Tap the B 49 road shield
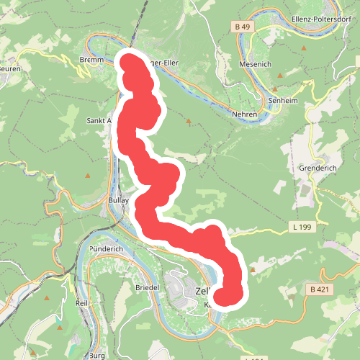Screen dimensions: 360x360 [x=242, y=27]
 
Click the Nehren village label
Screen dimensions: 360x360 [x=245, y=114]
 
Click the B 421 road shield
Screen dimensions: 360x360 [x=319, y=289]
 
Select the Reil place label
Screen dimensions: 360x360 [x=81, y=304]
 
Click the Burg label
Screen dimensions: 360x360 [x=97, y=356]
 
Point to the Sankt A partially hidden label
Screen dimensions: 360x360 [x=99, y=121]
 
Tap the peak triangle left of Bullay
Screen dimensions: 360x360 [x=88, y=175]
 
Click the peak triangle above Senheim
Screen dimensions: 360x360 [x=274, y=89]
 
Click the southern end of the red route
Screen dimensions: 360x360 [x=228, y=296]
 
